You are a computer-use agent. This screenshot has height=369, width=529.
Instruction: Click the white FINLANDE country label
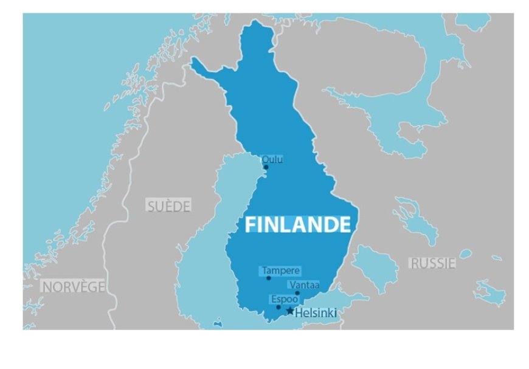[x=298, y=224]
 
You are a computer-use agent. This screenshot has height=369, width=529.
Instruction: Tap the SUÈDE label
[x=168, y=205]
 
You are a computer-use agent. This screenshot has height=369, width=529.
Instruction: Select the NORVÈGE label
[x=73, y=286]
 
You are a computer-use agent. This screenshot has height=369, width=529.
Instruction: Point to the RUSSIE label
[x=432, y=263]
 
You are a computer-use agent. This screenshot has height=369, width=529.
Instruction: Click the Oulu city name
[x=272, y=160]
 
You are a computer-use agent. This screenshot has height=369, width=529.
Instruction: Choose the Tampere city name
[x=281, y=271]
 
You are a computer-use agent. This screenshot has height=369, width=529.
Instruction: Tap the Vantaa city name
[x=304, y=285]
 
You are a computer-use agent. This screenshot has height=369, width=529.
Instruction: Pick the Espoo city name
[x=285, y=299]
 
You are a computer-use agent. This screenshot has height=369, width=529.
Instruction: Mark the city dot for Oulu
[x=266, y=167]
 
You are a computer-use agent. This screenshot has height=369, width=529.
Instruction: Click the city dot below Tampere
[x=268, y=278]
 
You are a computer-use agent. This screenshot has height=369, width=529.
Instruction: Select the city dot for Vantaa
[x=297, y=293]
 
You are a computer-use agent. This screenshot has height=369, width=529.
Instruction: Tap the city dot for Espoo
[x=278, y=307]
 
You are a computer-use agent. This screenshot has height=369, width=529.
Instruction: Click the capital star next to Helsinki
[x=290, y=311]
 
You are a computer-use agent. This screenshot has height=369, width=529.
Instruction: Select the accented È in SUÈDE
[x=168, y=205]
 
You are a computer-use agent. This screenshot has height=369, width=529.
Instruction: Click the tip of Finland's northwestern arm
[x=193, y=61]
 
